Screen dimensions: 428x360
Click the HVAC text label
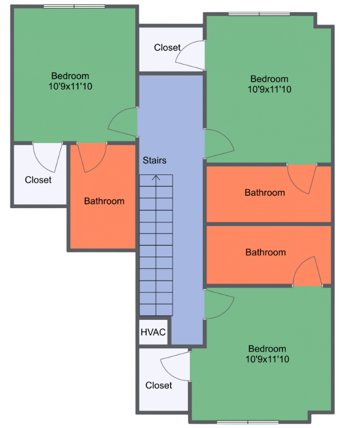153,332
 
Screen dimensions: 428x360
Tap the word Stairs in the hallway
154,160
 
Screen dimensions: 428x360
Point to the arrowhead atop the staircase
155,178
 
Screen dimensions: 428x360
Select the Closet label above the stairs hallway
167,47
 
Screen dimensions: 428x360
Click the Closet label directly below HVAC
158,385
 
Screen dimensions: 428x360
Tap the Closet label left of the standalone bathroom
38,180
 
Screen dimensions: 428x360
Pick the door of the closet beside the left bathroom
47,157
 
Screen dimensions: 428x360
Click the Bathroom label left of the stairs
104,201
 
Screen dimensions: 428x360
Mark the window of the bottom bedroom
248,422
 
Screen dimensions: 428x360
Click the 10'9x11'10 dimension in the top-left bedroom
70,87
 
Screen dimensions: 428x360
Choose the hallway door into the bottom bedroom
218,304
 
